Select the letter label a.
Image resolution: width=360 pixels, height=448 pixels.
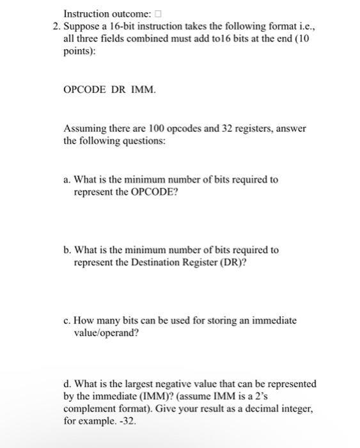67,180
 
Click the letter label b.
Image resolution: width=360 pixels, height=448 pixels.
67,250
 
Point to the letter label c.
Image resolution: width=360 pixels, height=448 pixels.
67,320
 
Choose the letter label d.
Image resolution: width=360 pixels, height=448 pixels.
67,384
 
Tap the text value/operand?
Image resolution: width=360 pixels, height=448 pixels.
107,333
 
